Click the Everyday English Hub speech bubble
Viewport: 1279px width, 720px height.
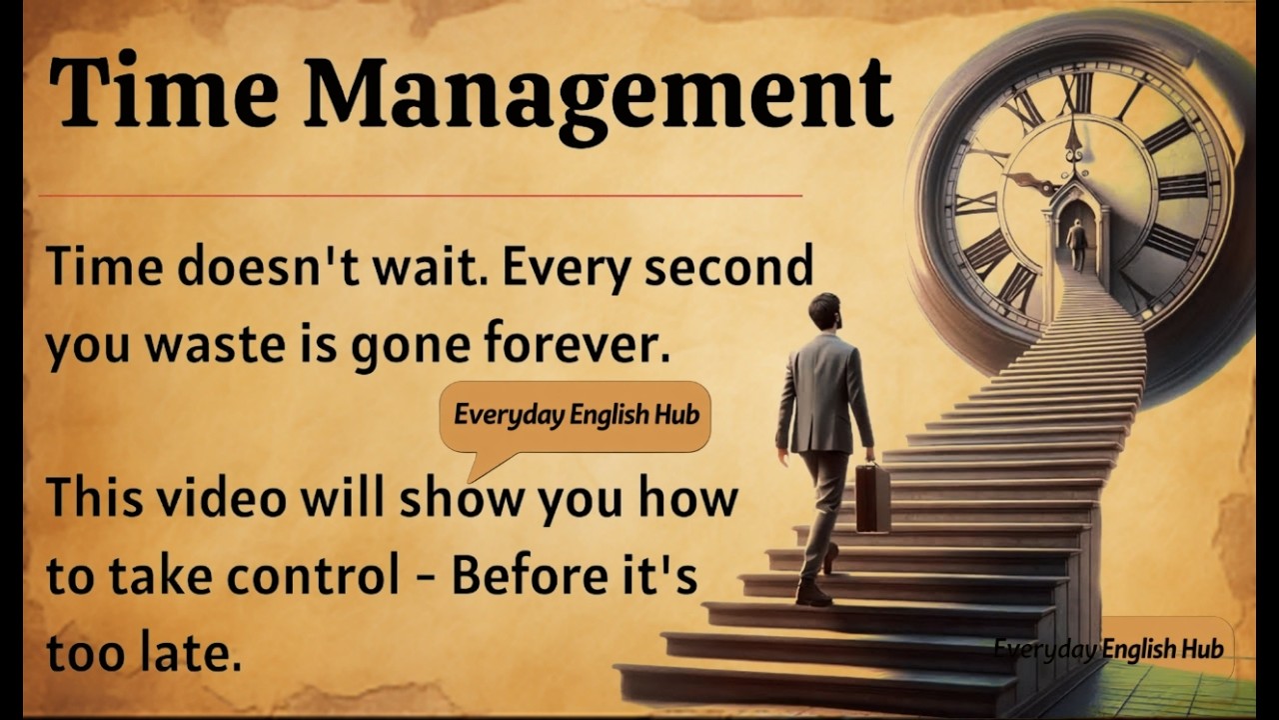[x=576, y=415]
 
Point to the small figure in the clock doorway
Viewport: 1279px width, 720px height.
[x=1076, y=243]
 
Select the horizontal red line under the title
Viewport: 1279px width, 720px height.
[x=420, y=196]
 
